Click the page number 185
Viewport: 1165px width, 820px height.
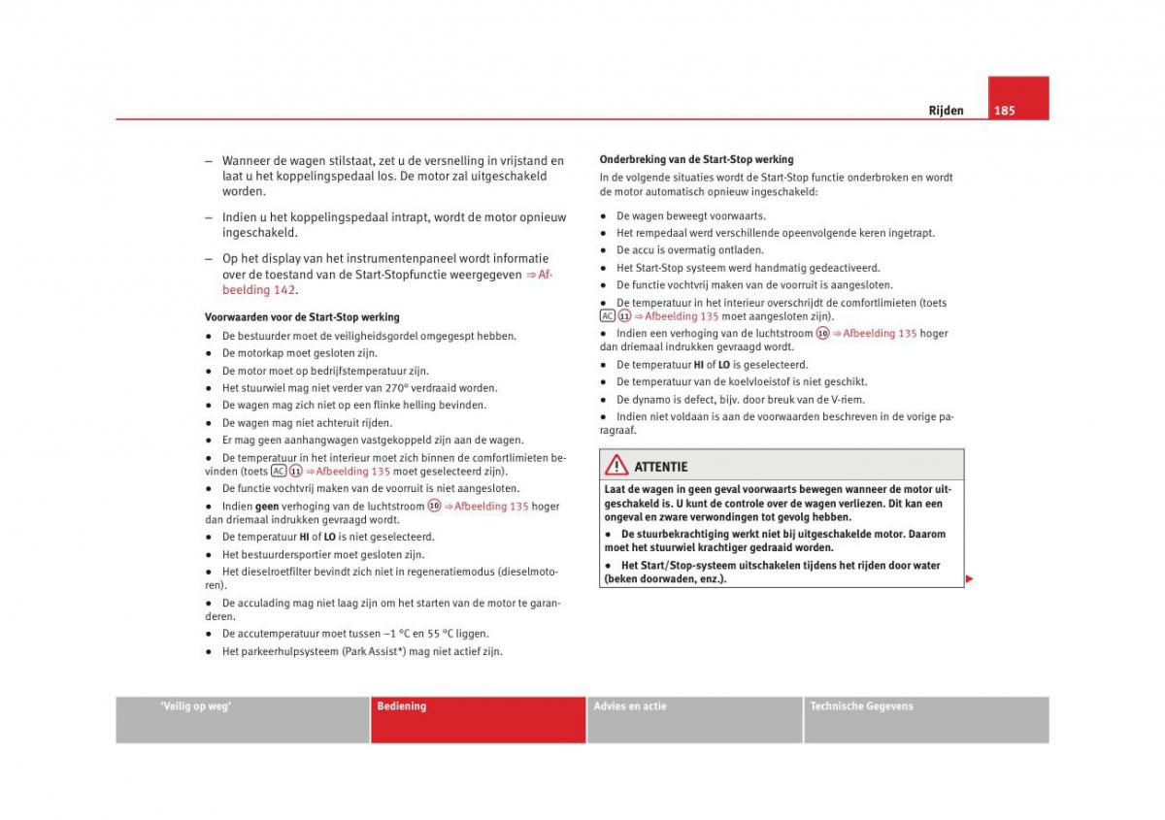[x=1004, y=111]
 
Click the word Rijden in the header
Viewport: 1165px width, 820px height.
[x=946, y=111]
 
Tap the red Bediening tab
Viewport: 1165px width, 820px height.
[x=402, y=706]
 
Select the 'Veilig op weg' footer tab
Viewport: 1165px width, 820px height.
[x=195, y=706]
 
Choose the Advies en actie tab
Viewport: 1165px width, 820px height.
[x=630, y=706]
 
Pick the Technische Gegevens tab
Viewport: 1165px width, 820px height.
[x=861, y=706]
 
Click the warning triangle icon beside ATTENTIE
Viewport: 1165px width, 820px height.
[x=616, y=465]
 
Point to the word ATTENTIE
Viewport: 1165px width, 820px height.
[x=660, y=467]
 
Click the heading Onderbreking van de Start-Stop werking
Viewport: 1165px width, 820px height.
[x=696, y=159]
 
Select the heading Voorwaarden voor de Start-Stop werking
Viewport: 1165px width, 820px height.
[x=302, y=317]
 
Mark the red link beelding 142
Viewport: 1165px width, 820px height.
[x=258, y=290]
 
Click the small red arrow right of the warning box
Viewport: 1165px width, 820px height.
[x=969, y=579]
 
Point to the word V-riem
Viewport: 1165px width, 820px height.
[x=849, y=400]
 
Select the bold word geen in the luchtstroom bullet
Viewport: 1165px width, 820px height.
[x=267, y=507]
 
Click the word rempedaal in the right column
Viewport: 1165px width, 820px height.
[x=658, y=233]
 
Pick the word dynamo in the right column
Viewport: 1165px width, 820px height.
[x=650, y=400]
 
